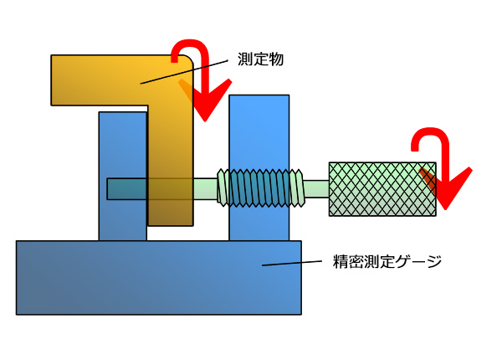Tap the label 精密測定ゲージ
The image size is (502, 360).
click(x=384, y=262)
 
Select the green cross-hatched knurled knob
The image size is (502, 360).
click(x=382, y=189)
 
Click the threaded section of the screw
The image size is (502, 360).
click(x=260, y=188)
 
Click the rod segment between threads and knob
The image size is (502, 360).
click(x=315, y=189)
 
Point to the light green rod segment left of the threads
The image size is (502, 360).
click(x=206, y=188)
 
